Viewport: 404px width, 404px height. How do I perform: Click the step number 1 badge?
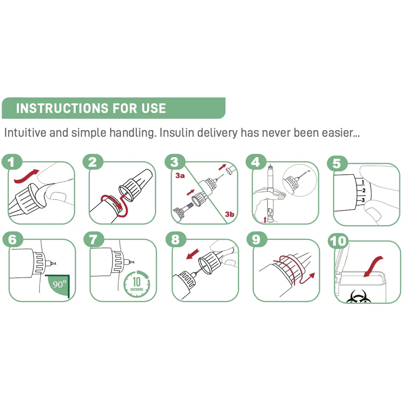pyautogui.click(x=12, y=162)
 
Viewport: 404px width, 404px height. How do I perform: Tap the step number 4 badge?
pyautogui.click(x=256, y=162)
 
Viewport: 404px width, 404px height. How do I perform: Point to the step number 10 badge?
pyautogui.click(x=338, y=241)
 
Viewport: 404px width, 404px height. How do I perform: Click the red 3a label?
pyautogui.click(x=180, y=176)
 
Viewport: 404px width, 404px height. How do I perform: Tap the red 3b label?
pyautogui.click(x=229, y=214)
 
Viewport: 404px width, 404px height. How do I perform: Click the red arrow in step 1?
pyautogui.click(x=26, y=176)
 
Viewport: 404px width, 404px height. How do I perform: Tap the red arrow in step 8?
pyautogui.click(x=193, y=254)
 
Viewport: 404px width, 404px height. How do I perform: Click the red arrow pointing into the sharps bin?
pyautogui.click(x=373, y=267)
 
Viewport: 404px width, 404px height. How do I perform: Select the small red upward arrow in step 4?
pyautogui.click(x=265, y=220)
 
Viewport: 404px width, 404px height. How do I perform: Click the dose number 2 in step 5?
pyautogui.click(x=363, y=191)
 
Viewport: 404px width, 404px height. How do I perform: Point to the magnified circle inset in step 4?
pyautogui.click(x=300, y=180)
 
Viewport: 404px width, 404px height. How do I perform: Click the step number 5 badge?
pyautogui.click(x=337, y=163)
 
